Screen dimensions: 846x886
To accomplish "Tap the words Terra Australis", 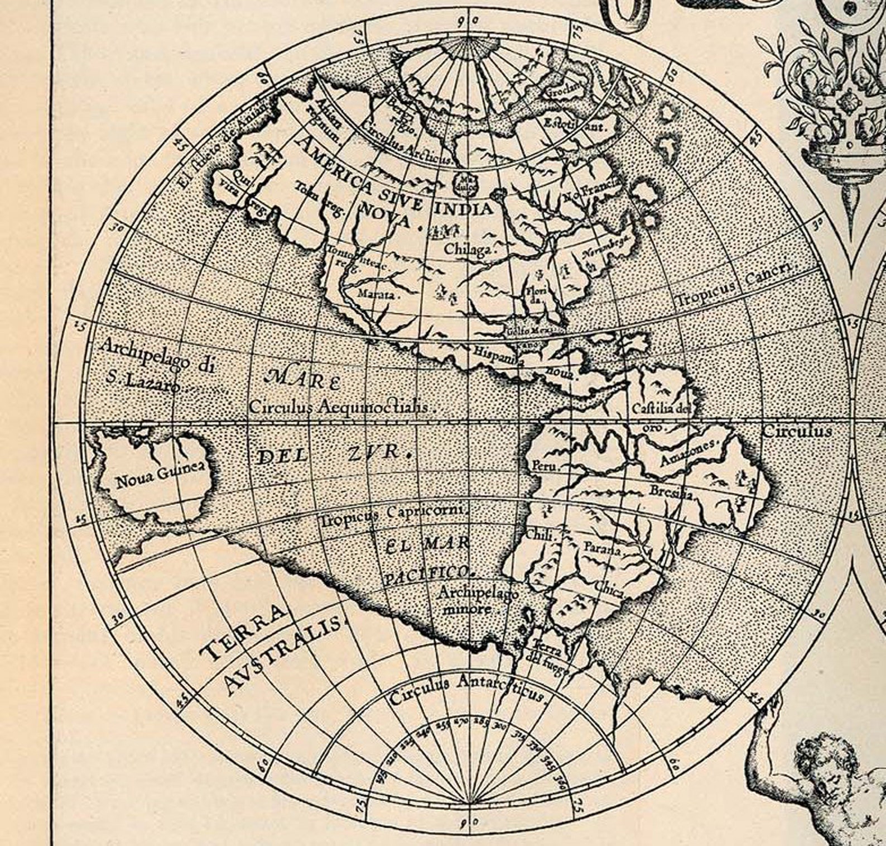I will (268, 648).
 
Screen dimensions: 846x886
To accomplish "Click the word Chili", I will (540, 536).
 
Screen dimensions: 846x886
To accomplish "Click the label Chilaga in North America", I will (468, 250).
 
